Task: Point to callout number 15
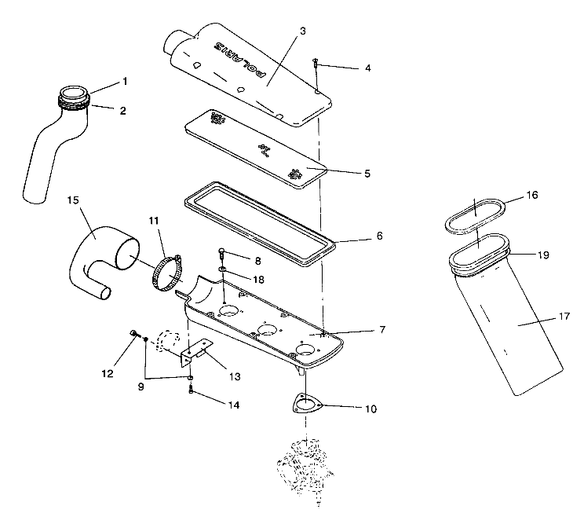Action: (74, 202)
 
